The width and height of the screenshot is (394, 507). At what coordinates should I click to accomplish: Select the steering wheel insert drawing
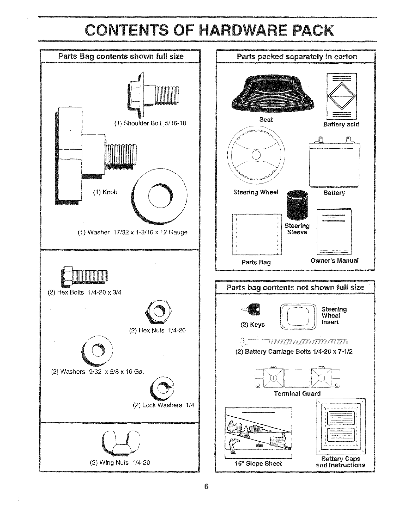(298, 316)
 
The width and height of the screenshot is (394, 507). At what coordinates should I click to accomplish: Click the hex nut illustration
(159, 311)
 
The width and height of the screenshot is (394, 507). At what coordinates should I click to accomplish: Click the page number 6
(206, 486)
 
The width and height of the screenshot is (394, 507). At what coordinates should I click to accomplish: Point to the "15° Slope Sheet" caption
(258, 464)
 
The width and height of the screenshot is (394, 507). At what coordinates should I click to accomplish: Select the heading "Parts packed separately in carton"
(297, 57)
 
